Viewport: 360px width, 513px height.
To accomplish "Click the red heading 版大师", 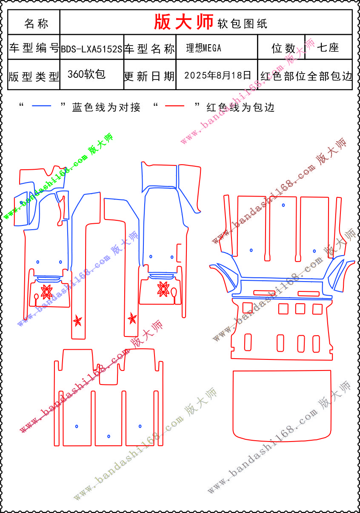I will coord(183,22).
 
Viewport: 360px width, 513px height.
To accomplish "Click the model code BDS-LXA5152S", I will coord(91,49).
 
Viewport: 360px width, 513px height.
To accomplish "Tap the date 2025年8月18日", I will coord(217,75).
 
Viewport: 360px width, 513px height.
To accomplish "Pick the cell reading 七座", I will coord(328,48).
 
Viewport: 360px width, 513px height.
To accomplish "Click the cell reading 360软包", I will coord(86,74).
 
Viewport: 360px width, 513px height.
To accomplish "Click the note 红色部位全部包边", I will coord(306,76).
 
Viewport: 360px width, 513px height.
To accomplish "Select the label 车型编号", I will coord(34,48).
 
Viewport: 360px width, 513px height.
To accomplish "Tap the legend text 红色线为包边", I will coord(240,107).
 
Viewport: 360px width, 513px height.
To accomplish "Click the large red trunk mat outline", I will coord(282,405).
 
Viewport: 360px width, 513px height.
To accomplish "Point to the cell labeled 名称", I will coord(36,23).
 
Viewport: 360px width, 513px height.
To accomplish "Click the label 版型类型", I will coord(34,77).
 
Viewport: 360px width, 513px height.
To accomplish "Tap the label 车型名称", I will coord(149,49).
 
